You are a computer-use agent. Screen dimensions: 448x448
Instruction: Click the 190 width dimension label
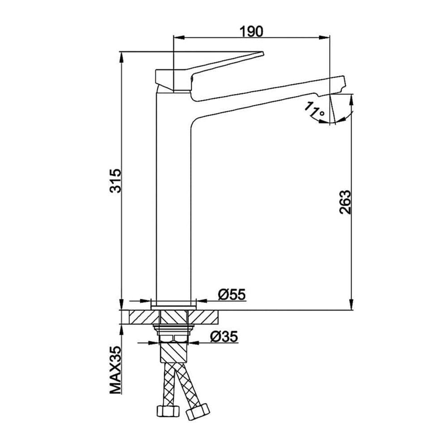tap(251, 31)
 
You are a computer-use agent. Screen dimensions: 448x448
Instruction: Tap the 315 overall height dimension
tap(116, 181)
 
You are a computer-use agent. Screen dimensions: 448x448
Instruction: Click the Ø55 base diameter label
tap(232, 295)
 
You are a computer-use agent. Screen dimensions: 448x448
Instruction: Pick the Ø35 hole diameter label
tap(224, 337)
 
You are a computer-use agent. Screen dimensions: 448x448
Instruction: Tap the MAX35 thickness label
tap(116, 370)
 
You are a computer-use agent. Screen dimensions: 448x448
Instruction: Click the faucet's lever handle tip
tap(262, 53)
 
